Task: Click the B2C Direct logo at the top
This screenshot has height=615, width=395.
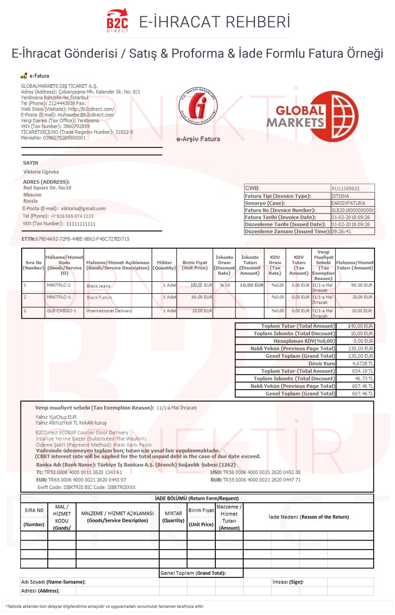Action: tap(117, 21)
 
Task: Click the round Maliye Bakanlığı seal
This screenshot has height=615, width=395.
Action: tap(198, 106)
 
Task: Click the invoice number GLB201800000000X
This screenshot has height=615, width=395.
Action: tap(352, 210)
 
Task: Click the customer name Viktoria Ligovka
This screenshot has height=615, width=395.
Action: tap(41, 172)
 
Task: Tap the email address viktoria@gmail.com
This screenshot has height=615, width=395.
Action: tap(83, 208)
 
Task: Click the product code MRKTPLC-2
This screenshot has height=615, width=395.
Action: tap(59, 285)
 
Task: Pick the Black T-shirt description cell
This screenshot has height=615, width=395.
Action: tap(99, 297)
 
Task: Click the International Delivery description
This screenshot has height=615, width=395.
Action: tap(109, 311)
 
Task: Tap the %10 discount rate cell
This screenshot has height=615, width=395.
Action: tap(225, 285)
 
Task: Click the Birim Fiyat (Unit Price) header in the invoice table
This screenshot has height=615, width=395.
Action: tap(195, 265)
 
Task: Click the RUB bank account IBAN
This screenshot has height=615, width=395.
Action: tap(261, 480)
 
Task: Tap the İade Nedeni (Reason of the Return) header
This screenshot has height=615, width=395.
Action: tap(308, 517)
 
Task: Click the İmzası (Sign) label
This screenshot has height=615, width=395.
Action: tap(288, 582)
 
